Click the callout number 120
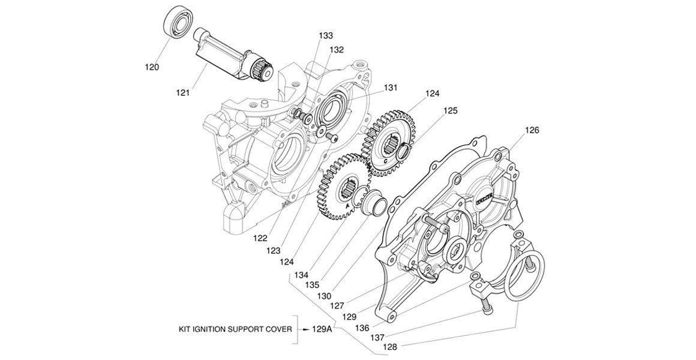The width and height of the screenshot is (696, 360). pyautogui.click(x=152, y=67)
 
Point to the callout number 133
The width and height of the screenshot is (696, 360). pyautogui.click(x=326, y=36)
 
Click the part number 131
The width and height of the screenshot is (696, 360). pyautogui.click(x=391, y=88)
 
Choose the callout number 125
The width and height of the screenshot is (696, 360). pyautogui.click(x=450, y=111)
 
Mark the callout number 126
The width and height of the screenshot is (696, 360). pyautogui.click(x=532, y=130)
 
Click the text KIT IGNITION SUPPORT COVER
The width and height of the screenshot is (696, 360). pyautogui.click(x=235, y=329)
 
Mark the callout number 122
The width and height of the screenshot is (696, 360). pyautogui.click(x=260, y=238)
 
